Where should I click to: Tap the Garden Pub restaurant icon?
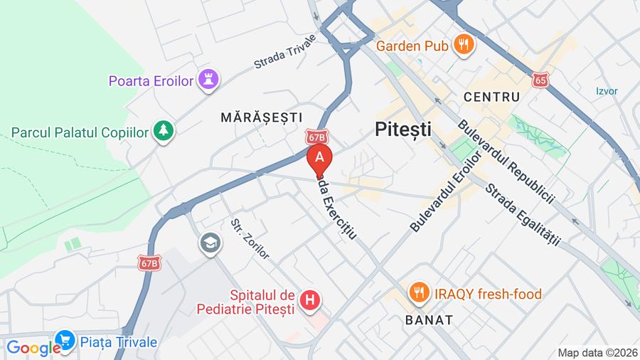(x=464, y=45)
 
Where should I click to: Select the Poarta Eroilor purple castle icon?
(x=208, y=80)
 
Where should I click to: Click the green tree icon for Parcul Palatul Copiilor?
(x=164, y=132)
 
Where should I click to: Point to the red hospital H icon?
(x=309, y=301)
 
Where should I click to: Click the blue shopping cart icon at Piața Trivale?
(x=65, y=342)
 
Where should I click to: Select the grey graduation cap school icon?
(x=210, y=243)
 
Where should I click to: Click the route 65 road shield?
(x=540, y=79)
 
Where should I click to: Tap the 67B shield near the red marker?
(x=317, y=136)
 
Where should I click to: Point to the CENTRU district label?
(x=491, y=96)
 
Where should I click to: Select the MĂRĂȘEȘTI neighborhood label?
(x=261, y=117)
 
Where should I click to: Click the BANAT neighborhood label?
(x=429, y=319)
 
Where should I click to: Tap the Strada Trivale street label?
(x=284, y=52)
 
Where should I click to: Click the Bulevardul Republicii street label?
(x=506, y=161)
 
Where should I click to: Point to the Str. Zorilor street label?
(x=250, y=238)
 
